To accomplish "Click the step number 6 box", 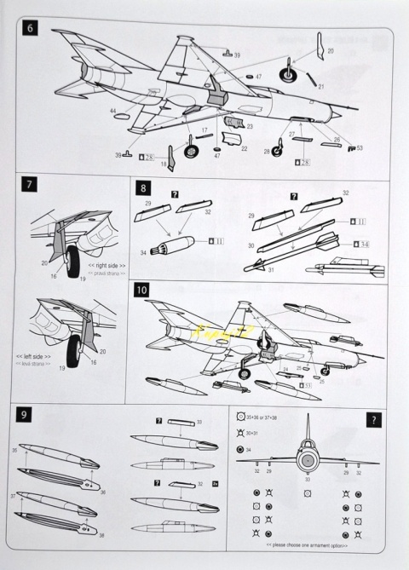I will [x=31, y=27].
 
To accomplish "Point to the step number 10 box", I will [x=142, y=290].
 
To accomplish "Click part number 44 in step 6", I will [x=112, y=111].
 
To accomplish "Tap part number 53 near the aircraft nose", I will [x=359, y=147].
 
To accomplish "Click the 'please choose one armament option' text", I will [x=308, y=543].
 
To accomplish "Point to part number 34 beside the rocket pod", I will [x=143, y=251].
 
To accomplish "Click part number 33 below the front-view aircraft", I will [x=308, y=480].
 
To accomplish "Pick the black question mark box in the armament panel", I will [x=373, y=419].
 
